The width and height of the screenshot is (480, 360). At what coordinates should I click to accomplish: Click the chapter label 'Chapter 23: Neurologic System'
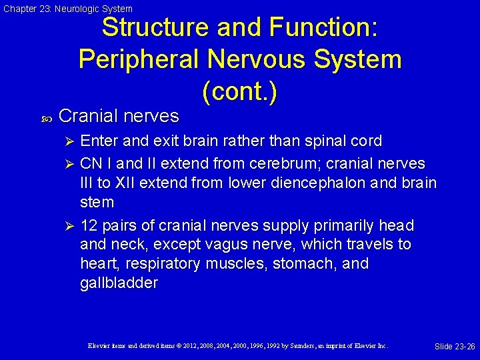(68, 9)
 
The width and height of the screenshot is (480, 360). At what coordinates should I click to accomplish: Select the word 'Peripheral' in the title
(139, 59)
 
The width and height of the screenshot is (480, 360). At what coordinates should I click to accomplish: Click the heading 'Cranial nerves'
(119, 116)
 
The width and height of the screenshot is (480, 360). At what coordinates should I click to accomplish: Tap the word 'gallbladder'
(119, 283)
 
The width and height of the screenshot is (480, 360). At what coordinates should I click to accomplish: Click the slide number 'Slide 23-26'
(455, 346)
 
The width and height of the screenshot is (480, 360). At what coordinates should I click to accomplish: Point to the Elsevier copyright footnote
(238, 346)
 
